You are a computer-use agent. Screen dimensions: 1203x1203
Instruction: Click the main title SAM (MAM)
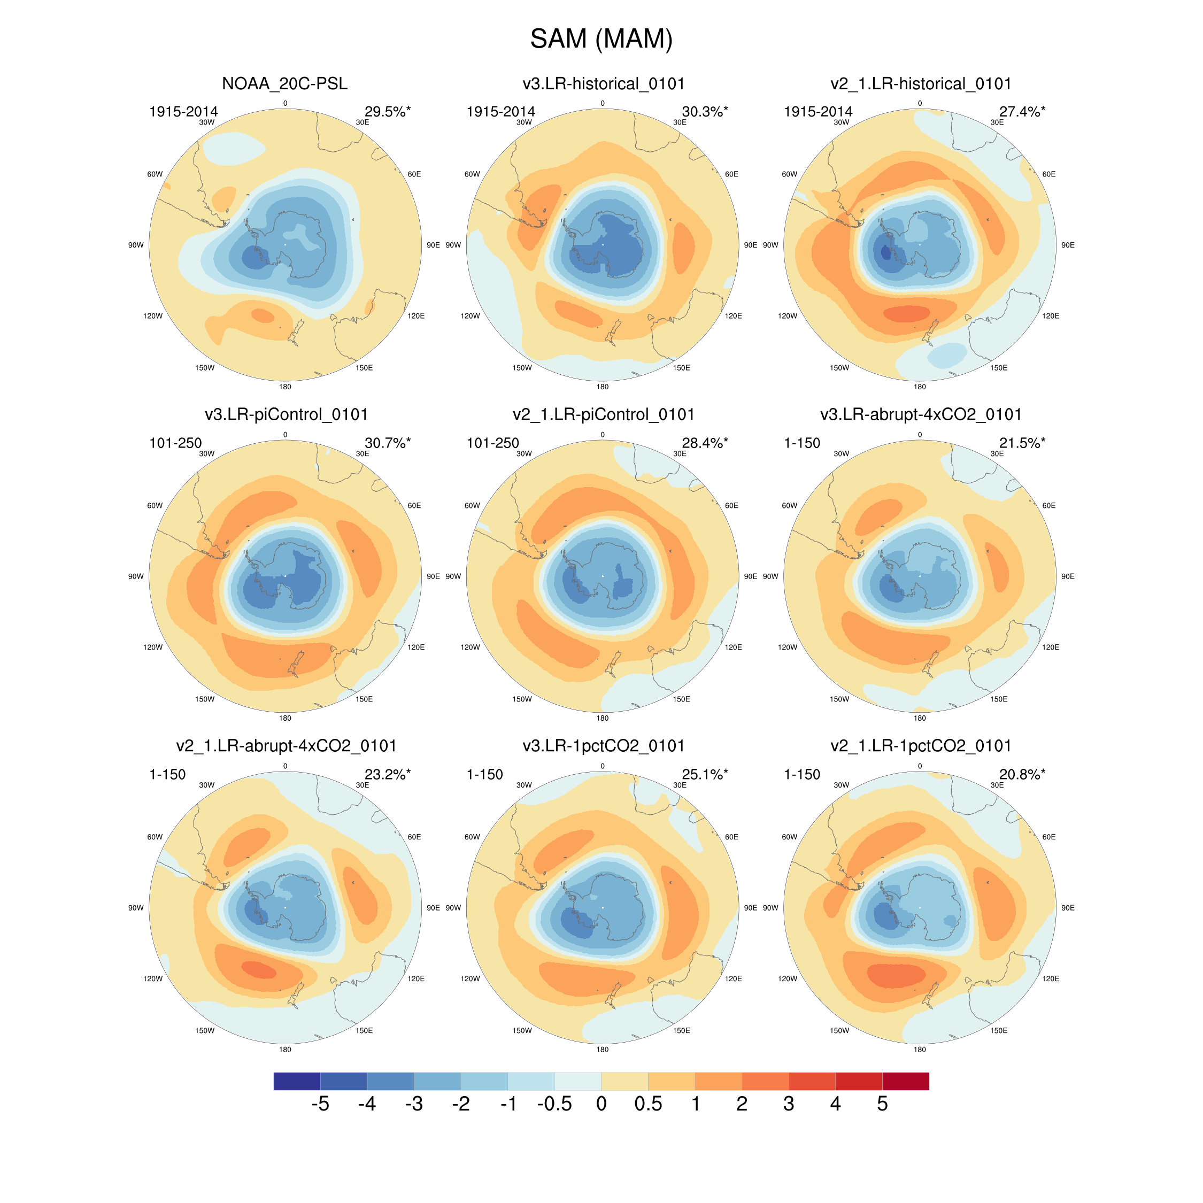click(601, 38)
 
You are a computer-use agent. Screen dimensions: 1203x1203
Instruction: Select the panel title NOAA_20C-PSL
click(284, 83)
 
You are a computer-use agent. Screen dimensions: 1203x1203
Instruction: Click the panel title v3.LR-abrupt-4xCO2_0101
click(920, 415)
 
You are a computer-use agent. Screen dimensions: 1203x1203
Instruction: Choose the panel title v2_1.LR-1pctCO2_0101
click(920, 746)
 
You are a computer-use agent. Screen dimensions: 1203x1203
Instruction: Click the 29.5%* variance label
click(387, 111)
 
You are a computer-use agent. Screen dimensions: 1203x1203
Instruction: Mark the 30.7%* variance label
click(387, 443)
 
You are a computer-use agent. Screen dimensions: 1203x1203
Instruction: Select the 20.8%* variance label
click(1022, 775)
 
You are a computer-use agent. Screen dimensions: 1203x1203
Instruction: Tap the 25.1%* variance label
click(704, 775)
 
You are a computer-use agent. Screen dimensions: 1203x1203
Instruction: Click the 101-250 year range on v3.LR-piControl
click(175, 443)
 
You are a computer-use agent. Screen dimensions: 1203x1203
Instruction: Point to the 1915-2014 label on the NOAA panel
click(184, 111)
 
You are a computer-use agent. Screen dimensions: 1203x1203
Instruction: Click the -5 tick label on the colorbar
click(320, 1104)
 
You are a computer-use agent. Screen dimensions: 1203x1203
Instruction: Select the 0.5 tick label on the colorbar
click(648, 1104)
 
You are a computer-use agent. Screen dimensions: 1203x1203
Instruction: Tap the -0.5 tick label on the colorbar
click(554, 1104)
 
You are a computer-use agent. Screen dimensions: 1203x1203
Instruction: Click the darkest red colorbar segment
click(905, 1082)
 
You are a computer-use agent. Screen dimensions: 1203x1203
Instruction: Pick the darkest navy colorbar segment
click(297, 1082)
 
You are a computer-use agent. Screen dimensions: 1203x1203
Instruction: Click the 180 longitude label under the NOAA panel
click(285, 387)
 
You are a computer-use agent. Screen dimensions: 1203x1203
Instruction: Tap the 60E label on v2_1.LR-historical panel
click(1048, 174)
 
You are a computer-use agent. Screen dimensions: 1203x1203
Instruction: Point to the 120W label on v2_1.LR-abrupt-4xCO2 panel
click(153, 979)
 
